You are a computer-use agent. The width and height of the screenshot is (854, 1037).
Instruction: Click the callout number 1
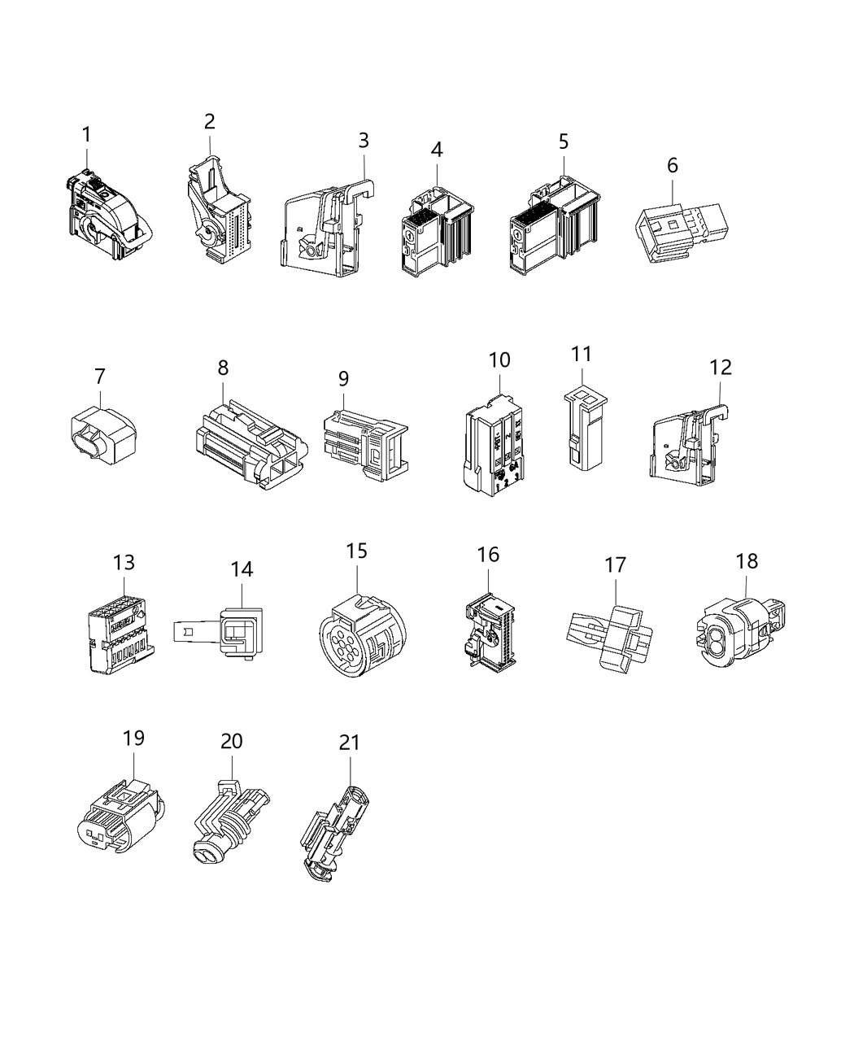point(86,134)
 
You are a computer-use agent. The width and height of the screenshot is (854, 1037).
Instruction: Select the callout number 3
point(364,141)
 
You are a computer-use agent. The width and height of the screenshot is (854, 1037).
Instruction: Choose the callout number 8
point(223,368)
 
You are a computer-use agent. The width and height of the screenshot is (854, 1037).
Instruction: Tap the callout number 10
point(499,359)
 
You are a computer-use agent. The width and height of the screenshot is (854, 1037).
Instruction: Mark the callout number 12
point(720,368)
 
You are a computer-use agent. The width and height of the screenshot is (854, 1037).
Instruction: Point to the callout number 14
point(242,569)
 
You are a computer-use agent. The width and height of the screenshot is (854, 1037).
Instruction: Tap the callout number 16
point(487,555)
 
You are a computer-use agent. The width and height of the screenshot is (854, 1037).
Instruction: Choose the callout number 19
point(133,738)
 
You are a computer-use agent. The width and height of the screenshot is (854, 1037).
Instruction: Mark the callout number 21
point(349,743)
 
